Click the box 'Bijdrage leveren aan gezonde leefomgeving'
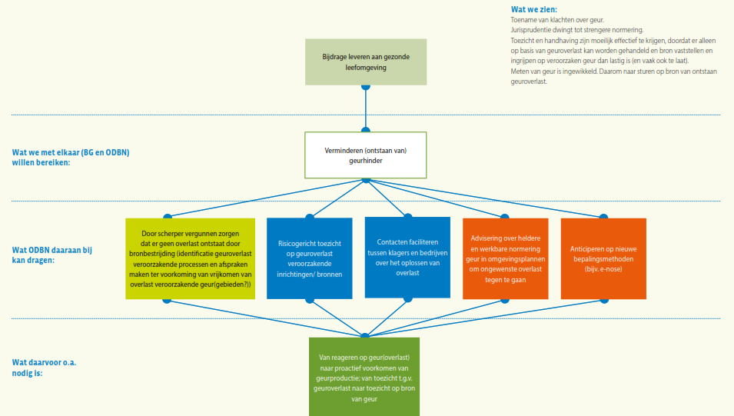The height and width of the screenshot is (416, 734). click(366, 62)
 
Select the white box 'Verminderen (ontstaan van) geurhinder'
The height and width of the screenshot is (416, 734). click(366, 155)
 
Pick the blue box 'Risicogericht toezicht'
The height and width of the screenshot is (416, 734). click(310, 258)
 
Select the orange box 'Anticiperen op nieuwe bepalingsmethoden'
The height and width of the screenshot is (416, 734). click(603, 259)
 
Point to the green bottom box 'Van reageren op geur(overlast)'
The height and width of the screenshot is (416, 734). click(364, 377)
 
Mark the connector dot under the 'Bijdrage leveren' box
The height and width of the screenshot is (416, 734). click(366, 86)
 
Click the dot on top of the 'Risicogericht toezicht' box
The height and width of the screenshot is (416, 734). click(310, 218)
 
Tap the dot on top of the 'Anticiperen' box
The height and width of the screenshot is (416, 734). click(603, 218)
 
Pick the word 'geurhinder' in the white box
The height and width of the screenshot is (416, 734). click(366, 160)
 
